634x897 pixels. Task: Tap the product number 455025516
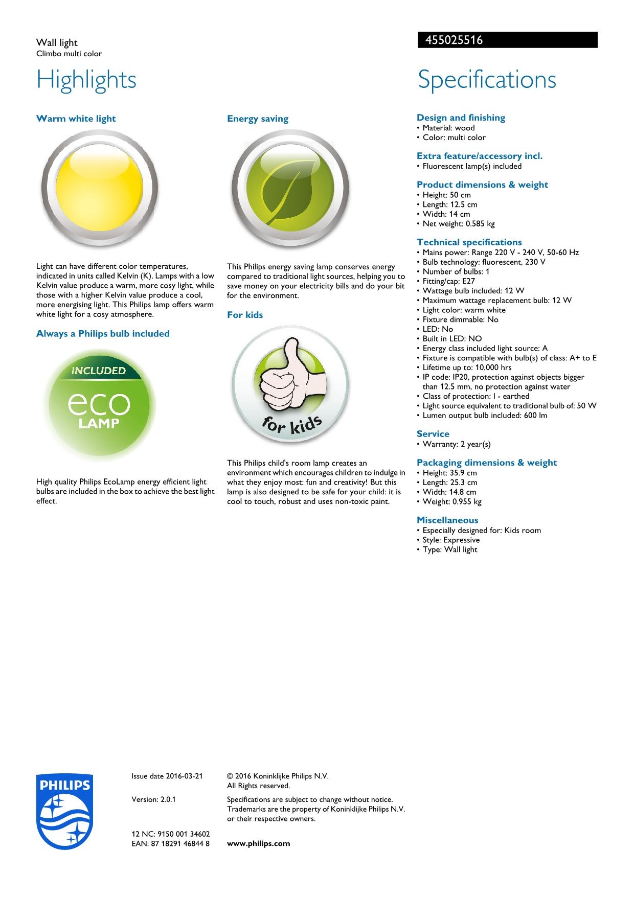tap(451, 40)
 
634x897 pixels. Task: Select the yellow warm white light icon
tap(99, 189)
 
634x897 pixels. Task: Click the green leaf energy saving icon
tap(290, 189)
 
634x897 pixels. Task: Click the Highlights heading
tap(86, 80)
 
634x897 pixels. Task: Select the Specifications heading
tap(487, 80)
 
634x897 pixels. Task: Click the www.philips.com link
tap(258, 843)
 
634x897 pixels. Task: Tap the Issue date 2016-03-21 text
tap(167, 776)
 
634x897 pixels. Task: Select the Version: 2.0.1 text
tap(153, 799)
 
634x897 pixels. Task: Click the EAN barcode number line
tap(170, 843)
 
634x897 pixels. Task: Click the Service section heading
tap(433, 434)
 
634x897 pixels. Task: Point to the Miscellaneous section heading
tap(447, 520)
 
